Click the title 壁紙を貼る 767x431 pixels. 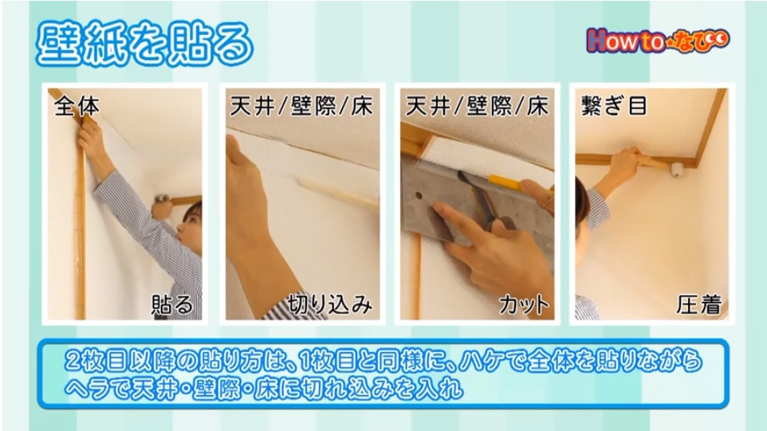(x=145, y=45)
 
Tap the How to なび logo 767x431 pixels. (x=658, y=40)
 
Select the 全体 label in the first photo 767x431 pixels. (x=77, y=106)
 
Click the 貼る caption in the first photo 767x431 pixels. (x=172, y=304)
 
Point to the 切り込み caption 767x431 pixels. (x=330, y=304)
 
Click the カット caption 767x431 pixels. (x=524, y=305)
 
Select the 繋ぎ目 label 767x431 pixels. (x=615, y=105)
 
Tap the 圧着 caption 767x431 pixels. (x=699, y=304)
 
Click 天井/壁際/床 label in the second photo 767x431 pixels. (x=301, y=106)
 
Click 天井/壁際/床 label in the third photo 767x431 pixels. (x=477, y=106)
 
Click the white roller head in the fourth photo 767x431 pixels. (x=677, y=170)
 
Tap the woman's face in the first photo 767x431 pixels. (x=190, y=228)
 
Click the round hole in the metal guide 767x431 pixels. (x=419, y=195)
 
